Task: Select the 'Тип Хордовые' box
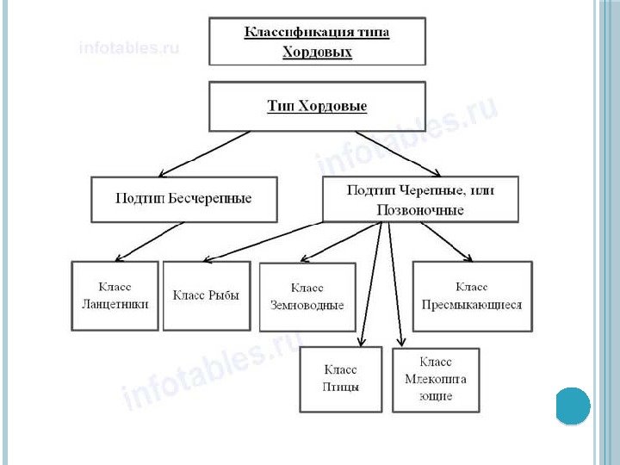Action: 317,107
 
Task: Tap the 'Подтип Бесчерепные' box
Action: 183,199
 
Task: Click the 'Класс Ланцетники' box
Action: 115,295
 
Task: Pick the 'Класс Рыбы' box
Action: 206,295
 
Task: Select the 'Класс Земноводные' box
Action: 307,296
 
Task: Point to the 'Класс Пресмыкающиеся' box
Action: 471,295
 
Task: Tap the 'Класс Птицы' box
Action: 341,379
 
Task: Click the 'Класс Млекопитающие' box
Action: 436,379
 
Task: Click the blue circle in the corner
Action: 573,405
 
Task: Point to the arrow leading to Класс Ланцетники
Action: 148,241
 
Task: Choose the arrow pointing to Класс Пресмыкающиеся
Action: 439,241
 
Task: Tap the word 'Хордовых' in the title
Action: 317,52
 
